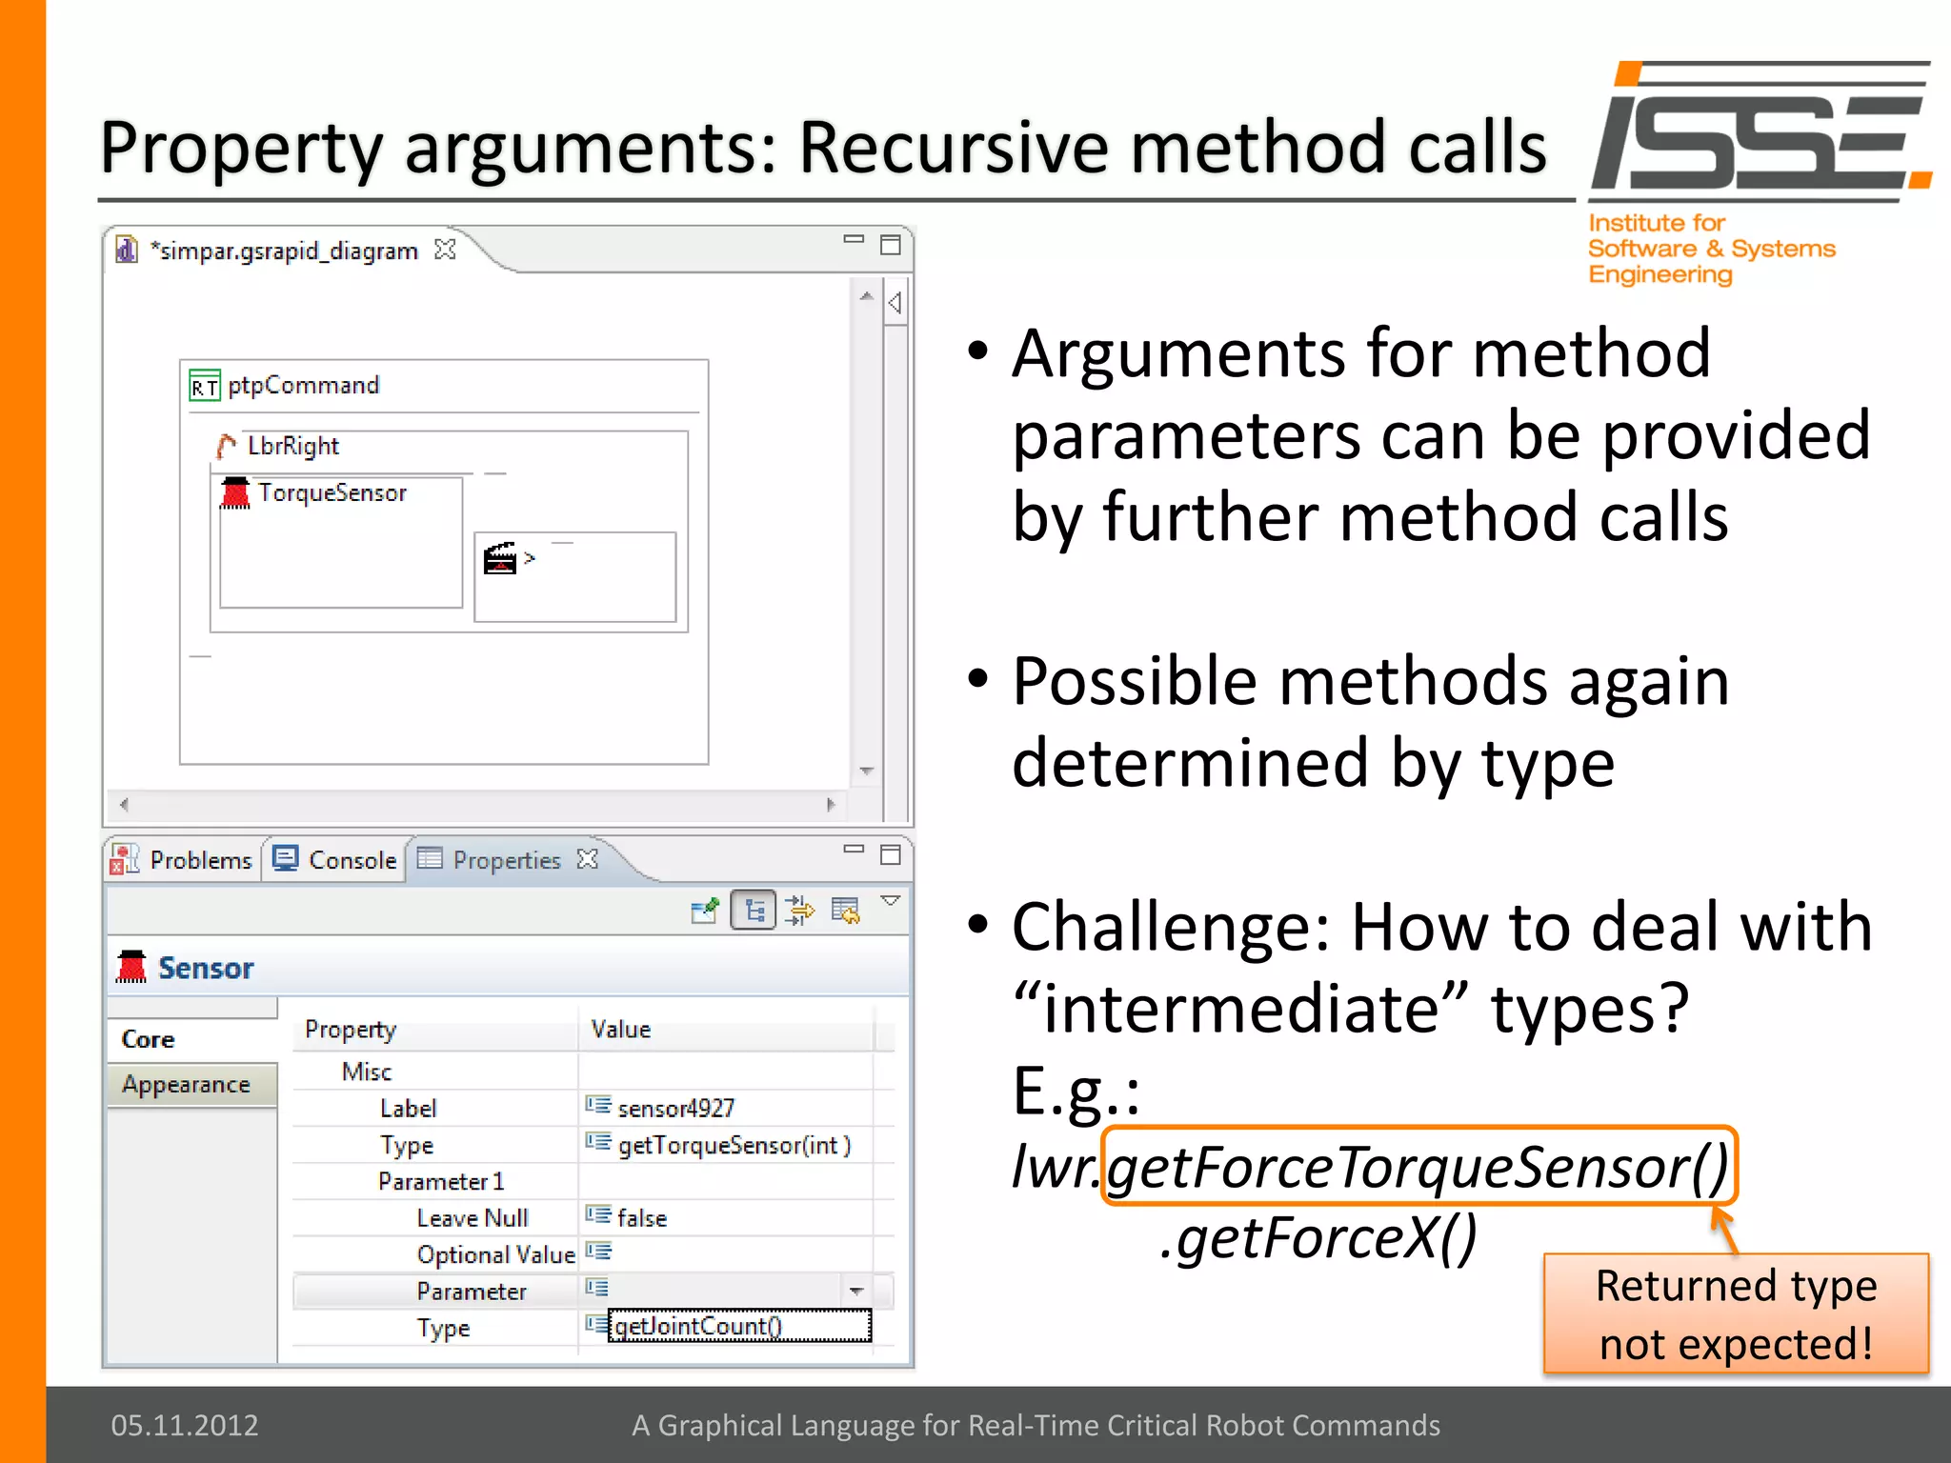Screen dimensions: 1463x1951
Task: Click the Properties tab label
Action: (506, 860)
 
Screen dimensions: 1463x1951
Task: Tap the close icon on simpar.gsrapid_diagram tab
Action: (445, 250)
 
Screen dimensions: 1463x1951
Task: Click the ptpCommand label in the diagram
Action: (303, 386)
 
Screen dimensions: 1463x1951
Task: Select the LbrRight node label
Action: (292, 446)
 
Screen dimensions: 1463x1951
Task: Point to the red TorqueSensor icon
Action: (234, 492)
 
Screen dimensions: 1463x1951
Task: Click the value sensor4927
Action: (675, 1108)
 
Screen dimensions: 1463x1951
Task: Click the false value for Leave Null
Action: (641, 1218)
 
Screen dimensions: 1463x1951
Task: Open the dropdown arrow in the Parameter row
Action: (855, 1292)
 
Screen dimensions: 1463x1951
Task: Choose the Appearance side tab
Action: (187, 1085)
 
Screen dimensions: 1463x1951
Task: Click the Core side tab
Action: (149, 1039)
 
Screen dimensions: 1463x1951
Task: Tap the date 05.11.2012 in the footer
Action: (185, 1425)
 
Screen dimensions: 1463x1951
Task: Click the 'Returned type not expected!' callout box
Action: (1736, 1314)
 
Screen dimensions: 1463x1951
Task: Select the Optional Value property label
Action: (495, 1254)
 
